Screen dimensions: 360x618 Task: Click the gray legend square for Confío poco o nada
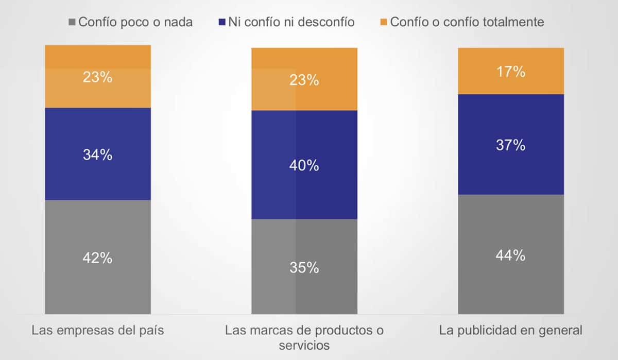pyautogui.click(x=72, y=22)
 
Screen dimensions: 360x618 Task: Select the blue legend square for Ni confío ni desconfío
pyautogui.click(x=222, y=22)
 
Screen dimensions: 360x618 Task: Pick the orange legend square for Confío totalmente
pyautogui.click(x=383, y=22)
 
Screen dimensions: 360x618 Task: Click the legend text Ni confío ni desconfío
pyautogui.click(x=291, y=22)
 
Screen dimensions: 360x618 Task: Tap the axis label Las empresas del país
pyautogui.click(x=98, y=330)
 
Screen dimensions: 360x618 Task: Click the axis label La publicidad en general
pyautogui.click(x=511, y=330)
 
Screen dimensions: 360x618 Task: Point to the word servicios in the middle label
pyautogui.click(x=304, y=345)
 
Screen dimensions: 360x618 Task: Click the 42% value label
pyautogui.click(x=98, y=258)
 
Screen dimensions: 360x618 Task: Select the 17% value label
pyautogui.click(x=511, y=72)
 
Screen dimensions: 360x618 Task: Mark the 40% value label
pyautogui.click(x=304, y=165)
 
